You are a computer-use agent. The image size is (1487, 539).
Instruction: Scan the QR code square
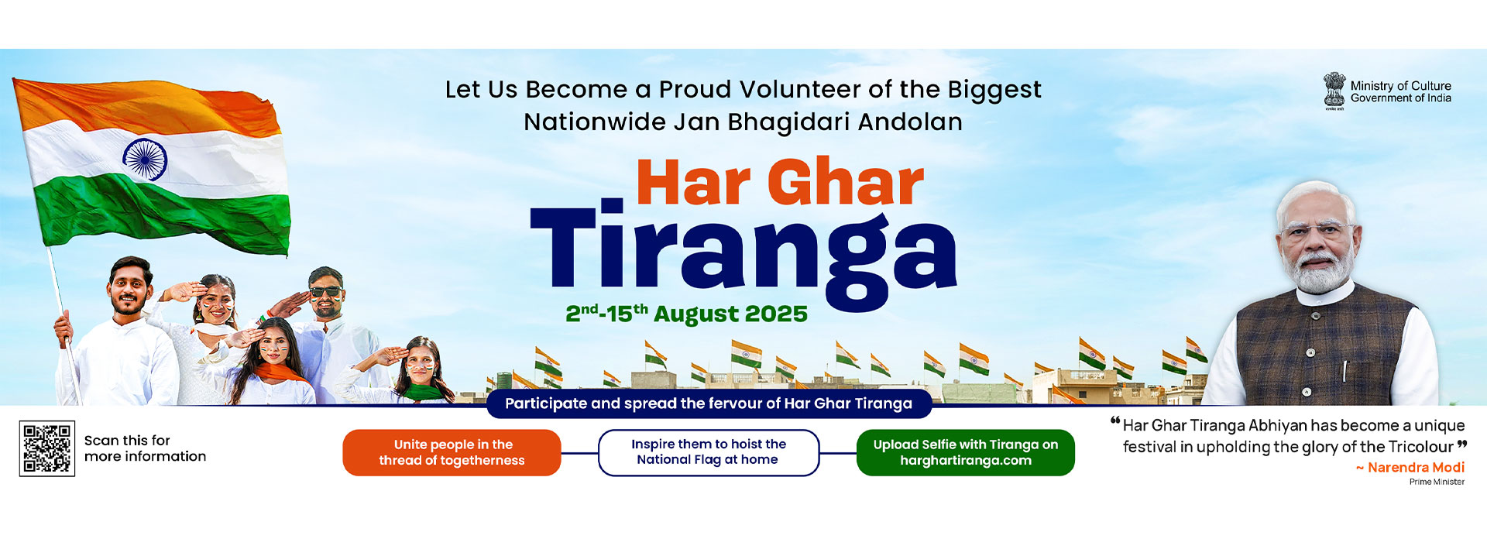point(46,448)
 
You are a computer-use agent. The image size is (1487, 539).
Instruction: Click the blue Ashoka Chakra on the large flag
point(145,160)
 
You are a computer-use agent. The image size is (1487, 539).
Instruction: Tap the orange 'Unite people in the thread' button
point(452,452)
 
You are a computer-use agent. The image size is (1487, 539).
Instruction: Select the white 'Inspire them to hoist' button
point(709,452)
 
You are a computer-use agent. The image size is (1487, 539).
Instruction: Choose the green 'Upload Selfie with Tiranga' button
point(966,452)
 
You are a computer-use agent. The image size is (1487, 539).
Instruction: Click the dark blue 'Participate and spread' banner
point(709,403)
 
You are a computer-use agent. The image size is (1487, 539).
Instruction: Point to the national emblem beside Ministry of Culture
point(1334,91)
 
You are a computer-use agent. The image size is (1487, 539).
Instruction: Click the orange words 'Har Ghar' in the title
point(780,183)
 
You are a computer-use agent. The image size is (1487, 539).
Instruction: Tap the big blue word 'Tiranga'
point(743,253)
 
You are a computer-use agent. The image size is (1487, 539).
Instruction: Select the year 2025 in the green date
point(777,314)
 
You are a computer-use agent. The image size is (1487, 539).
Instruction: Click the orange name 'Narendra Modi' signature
point(1416,467)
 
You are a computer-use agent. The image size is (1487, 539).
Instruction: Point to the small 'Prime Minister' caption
point(1437,482)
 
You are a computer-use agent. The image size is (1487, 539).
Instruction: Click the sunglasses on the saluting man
point(325,292)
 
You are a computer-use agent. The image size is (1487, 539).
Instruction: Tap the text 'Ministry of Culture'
point(1401,86)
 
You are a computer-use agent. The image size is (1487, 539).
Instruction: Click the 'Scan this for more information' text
point(145,448)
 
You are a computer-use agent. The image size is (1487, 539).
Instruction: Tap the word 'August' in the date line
point(696,314)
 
